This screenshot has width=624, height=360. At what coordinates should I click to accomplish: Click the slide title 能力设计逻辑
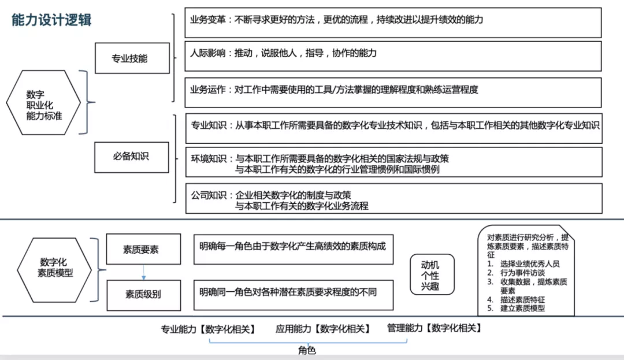[x=52, y=20]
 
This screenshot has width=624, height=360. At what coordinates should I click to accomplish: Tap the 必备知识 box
[x=131, y=157]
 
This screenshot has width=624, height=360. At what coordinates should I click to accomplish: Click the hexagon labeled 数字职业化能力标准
[x=44, y=103]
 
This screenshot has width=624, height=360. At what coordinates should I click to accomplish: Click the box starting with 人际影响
[x=393, y=55]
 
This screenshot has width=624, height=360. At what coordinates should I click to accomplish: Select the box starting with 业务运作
[x=393, y=92]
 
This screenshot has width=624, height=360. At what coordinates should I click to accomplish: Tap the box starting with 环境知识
[x=393, y=163]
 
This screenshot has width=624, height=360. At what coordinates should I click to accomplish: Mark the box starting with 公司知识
[x=393, y=199]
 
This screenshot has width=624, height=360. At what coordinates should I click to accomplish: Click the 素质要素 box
[x=143, y=250]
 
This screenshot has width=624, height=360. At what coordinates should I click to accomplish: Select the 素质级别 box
[x=143, y=294]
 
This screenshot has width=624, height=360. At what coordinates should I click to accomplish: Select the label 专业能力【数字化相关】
[x=207, y=329]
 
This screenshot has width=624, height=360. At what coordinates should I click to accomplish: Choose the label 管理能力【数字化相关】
[x=434, y=328]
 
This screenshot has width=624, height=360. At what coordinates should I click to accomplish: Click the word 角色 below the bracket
[x=307, y=351]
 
